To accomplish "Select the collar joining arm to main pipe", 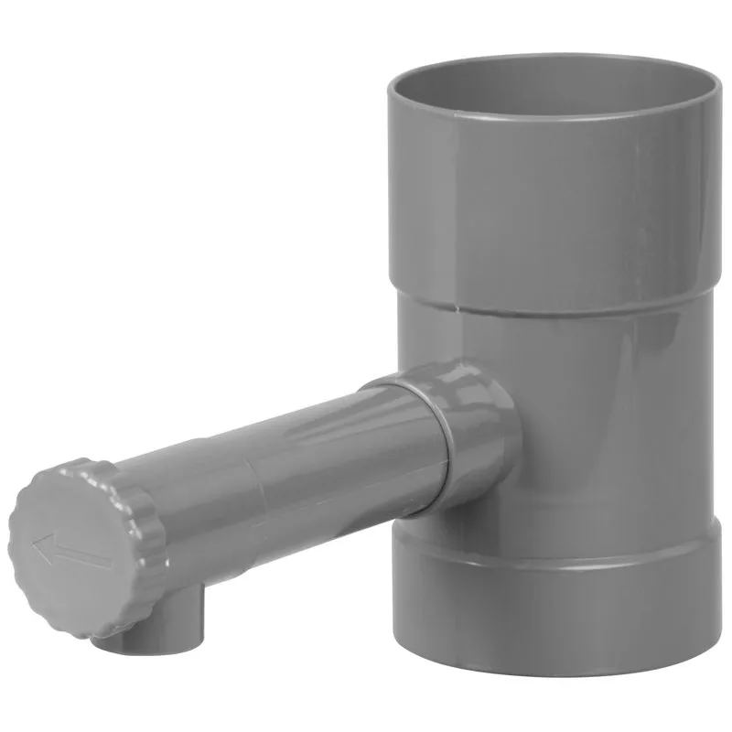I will [x=476, y=439].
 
